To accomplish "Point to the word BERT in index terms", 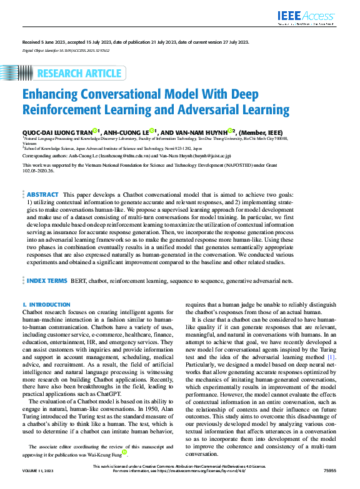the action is (78, 281).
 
